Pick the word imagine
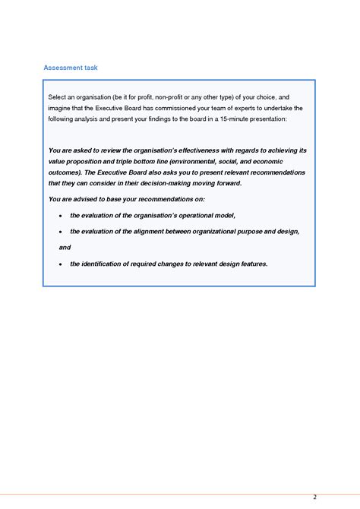point(60,108)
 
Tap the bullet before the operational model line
point(61,216)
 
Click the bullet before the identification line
point(61,264)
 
